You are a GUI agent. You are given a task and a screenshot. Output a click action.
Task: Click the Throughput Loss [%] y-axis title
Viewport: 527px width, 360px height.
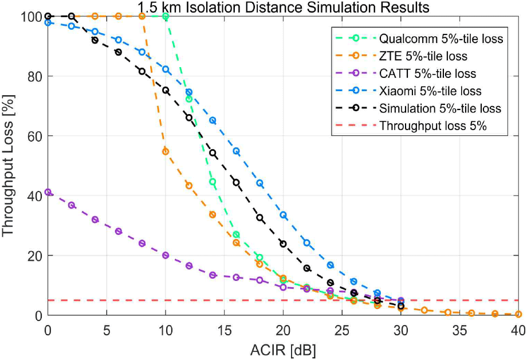10,166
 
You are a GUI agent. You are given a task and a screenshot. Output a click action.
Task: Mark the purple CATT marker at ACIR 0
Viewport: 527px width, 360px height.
48,193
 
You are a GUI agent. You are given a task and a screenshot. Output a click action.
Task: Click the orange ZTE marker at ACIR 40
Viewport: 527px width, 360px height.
518,314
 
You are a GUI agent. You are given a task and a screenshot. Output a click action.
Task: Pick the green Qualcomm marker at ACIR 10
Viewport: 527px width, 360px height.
166,17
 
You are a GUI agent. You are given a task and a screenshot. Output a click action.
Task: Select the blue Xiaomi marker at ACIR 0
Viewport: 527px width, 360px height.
48,22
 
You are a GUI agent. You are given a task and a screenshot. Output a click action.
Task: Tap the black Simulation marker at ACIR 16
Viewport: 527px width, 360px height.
236,182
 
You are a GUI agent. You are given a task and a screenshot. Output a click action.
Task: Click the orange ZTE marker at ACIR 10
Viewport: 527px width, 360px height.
166,152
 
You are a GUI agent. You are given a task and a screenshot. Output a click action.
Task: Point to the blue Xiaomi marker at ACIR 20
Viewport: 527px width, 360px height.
283,215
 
